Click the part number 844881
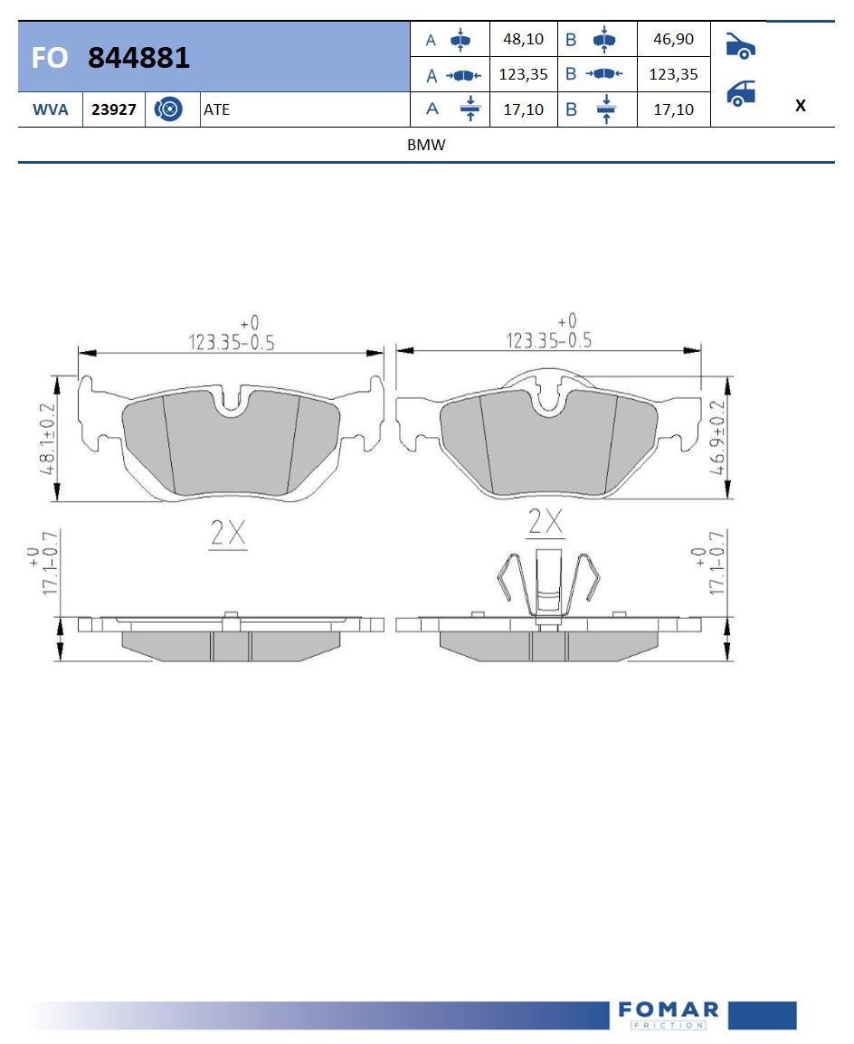pyautogui.click(x=138, y=57)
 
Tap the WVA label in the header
pyautogui.click(x=51, y=109)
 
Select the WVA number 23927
pyautogui.click(x=114, y=109)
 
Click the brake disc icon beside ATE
pyautogui.click(x=167, y=109)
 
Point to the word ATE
pyautogui.click(x=216, y=109)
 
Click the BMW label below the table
pyautogui.click(x=426, y=145)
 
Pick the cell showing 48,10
pyautogui.click(x=523, y=39)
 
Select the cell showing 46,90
pyautogui.click(x=673, y=39)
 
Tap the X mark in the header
pyautogui.click(x=800, y=105)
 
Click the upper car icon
pyautogui.click(x=740, y=45)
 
